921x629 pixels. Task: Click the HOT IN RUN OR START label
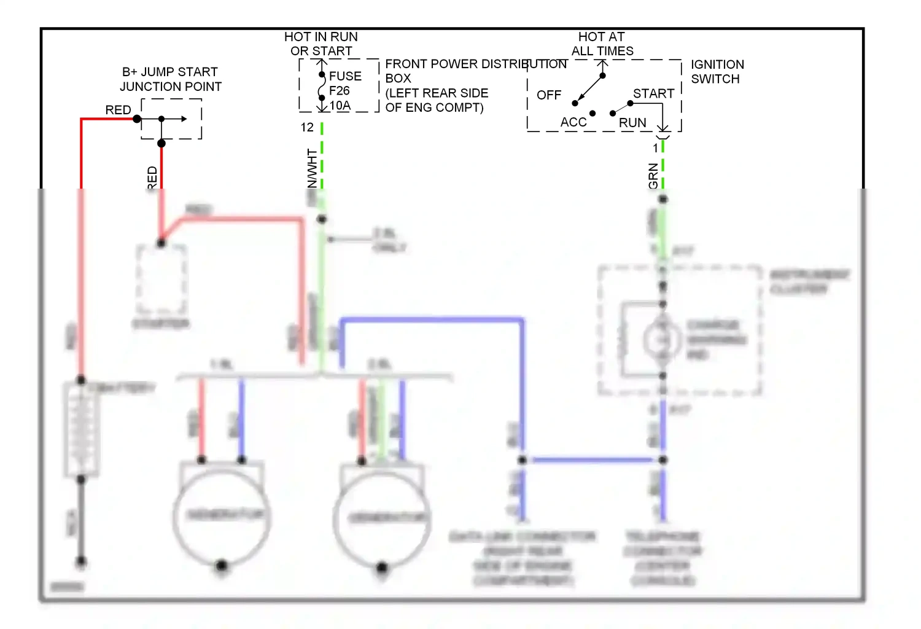coord(321,44)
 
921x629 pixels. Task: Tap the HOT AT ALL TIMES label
coord(602,44)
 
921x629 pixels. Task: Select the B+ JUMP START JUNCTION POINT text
coord(170,79)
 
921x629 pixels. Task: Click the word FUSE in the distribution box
coord(345,76)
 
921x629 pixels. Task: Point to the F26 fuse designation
coord(339,91)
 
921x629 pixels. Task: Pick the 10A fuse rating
coord(340,106)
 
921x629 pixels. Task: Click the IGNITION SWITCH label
coord(717,72)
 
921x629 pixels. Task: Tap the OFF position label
coord(548,95)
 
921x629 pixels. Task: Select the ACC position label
coord(573,122)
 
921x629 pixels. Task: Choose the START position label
coord(653,93)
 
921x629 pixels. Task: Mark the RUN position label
coord(632,123)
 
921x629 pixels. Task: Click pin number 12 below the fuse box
coord(307,128)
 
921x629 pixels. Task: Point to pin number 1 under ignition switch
coord(655,148)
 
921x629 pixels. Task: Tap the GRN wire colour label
coord(653,176)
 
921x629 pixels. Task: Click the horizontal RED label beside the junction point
coord(118,110)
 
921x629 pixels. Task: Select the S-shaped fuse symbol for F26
coord(322,87)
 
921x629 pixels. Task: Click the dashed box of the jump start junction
coord(171,119)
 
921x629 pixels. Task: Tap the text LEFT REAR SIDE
coord(437,93)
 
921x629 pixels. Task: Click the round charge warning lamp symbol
coord(662,339)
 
